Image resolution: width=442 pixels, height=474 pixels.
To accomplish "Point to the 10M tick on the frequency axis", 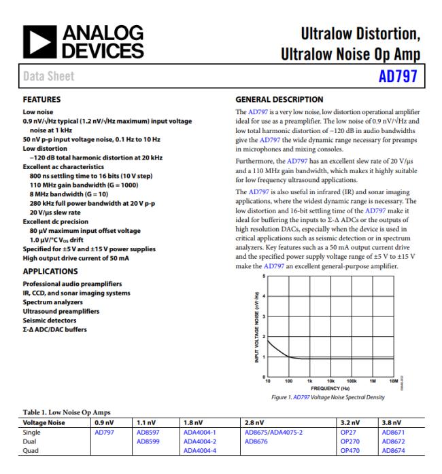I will (x=392, y=381).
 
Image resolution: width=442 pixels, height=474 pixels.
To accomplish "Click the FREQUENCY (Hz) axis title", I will (x=328, y=388).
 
